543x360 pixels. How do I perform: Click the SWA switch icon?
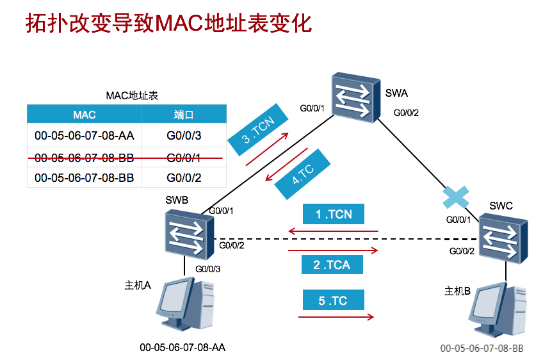pos(352,98)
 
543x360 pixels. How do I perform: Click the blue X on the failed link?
pos(456,197)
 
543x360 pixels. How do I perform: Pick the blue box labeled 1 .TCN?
pos(334,215)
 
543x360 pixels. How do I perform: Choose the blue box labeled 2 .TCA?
pos(332,264)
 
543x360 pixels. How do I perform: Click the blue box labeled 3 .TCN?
pos(255,129)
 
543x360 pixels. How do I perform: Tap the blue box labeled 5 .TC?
pos(332,300)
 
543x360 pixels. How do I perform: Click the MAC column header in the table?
pos(85,115)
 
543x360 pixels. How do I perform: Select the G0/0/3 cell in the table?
pos(184,136)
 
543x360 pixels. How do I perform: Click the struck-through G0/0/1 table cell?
pos(184,157)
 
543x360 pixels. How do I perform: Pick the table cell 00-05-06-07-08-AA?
pos(85,136)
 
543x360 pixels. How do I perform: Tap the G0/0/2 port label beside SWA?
pos(406,113)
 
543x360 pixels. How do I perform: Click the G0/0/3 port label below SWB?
pos(207,269)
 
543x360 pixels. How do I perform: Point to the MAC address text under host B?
pos(482,348)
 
